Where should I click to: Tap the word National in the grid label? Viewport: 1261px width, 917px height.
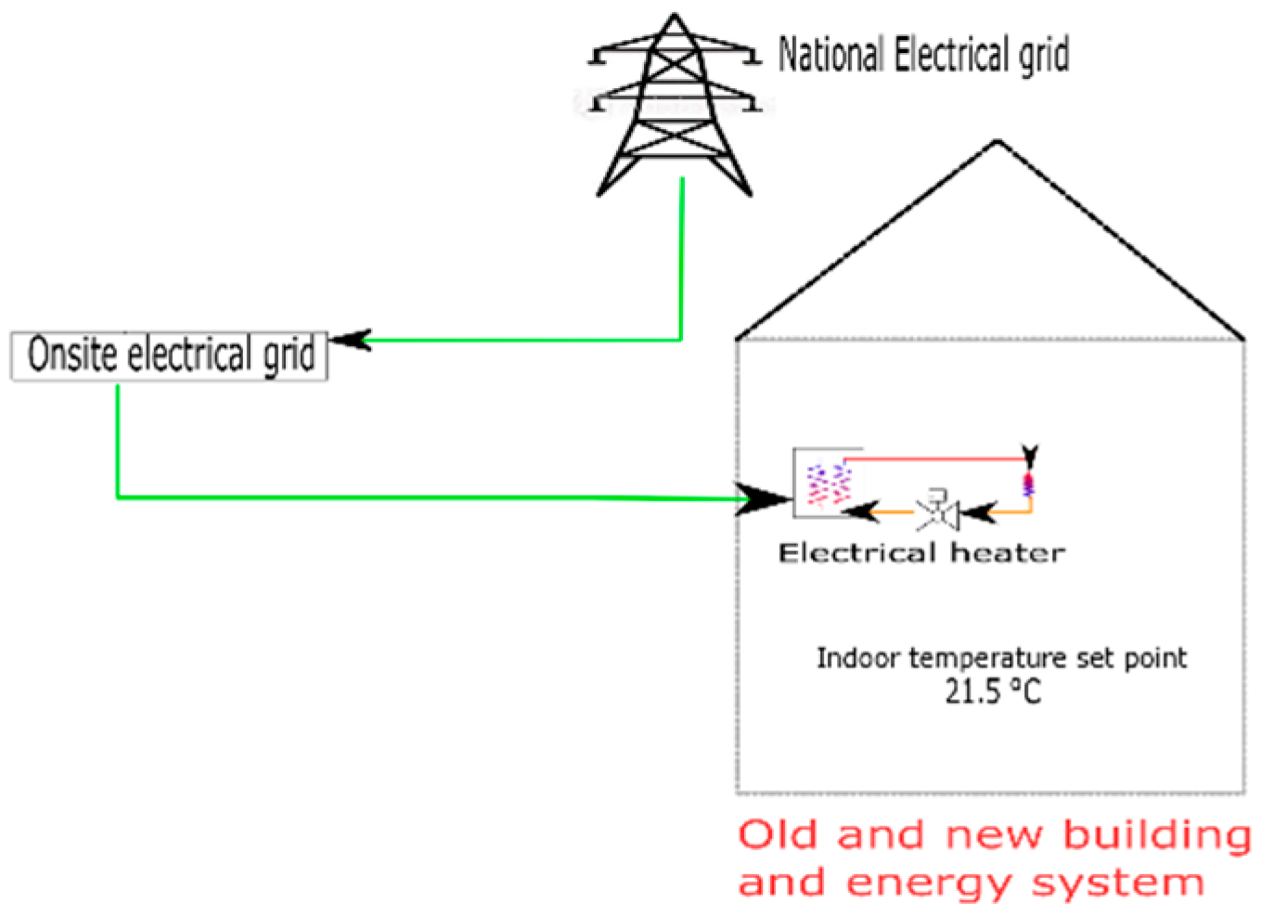pos(830,55)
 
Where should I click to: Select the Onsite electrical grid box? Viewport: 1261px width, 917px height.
pos(169,355)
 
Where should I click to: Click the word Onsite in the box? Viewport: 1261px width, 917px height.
pos(72,355)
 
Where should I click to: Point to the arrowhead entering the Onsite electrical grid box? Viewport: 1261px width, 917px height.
pos(351,341)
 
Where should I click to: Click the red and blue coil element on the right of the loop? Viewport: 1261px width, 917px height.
pos(1028,484)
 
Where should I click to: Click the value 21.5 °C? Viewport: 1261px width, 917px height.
pos(993,691)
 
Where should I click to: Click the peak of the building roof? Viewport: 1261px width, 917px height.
pos(997,142)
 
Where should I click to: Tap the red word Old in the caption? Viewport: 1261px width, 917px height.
pos(778,834)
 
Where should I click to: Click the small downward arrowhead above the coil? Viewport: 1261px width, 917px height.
pos(1029,454)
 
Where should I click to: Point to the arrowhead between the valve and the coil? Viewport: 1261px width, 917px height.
pos(979,510)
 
